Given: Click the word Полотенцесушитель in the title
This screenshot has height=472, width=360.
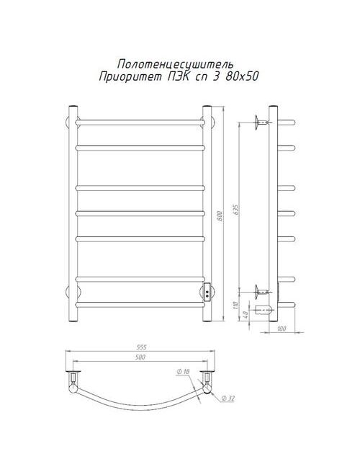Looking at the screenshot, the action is [176, 64].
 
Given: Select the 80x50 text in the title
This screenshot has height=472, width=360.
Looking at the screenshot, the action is [241, 76].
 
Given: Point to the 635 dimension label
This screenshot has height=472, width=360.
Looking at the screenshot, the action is [235, 210].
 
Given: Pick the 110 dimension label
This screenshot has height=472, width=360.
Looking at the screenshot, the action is [235, 306].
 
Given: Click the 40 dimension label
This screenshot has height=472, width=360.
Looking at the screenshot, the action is [245, 315].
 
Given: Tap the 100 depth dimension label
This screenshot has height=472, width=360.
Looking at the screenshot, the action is [282, 329].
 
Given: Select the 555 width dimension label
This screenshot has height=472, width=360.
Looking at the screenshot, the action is [141, 347].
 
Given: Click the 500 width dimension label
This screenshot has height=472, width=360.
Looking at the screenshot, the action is [140, 357].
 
